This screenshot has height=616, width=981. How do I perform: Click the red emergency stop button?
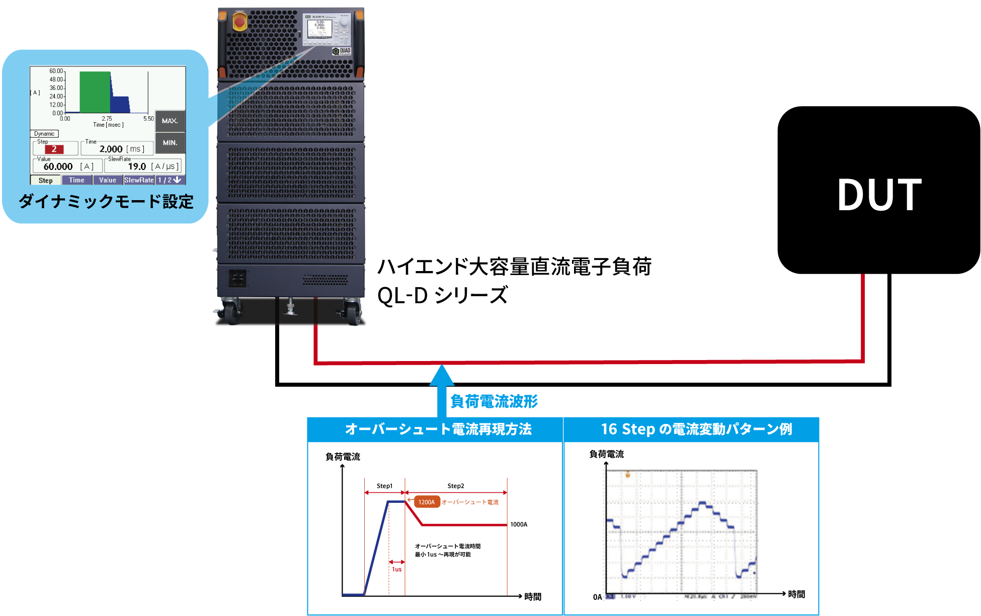[240, 22]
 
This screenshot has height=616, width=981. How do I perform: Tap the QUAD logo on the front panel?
[342, 51]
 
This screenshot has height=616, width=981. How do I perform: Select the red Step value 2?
[54, 149]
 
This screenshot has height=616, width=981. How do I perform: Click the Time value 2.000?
[111, 149]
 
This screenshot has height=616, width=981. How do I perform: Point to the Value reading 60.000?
[58, 166]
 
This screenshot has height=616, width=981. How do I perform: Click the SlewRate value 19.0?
[137, 166]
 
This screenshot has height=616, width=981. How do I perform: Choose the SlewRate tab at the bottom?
[139, 180]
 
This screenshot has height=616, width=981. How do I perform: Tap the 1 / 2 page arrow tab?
[170, 180]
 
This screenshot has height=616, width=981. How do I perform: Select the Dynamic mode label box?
[44, 134]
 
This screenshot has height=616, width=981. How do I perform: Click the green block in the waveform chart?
[95, 92]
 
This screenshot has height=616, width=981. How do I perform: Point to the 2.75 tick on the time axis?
[107, 119]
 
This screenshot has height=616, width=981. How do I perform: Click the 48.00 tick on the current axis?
[56, 79]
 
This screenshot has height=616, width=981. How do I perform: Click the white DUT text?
[879, 195]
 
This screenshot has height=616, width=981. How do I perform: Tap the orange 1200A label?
[427, 502]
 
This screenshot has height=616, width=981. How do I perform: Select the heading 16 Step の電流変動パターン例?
[696, 429]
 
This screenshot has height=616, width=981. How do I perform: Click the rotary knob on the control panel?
[344, 22]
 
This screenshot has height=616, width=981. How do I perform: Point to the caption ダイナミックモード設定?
[106, 202]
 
